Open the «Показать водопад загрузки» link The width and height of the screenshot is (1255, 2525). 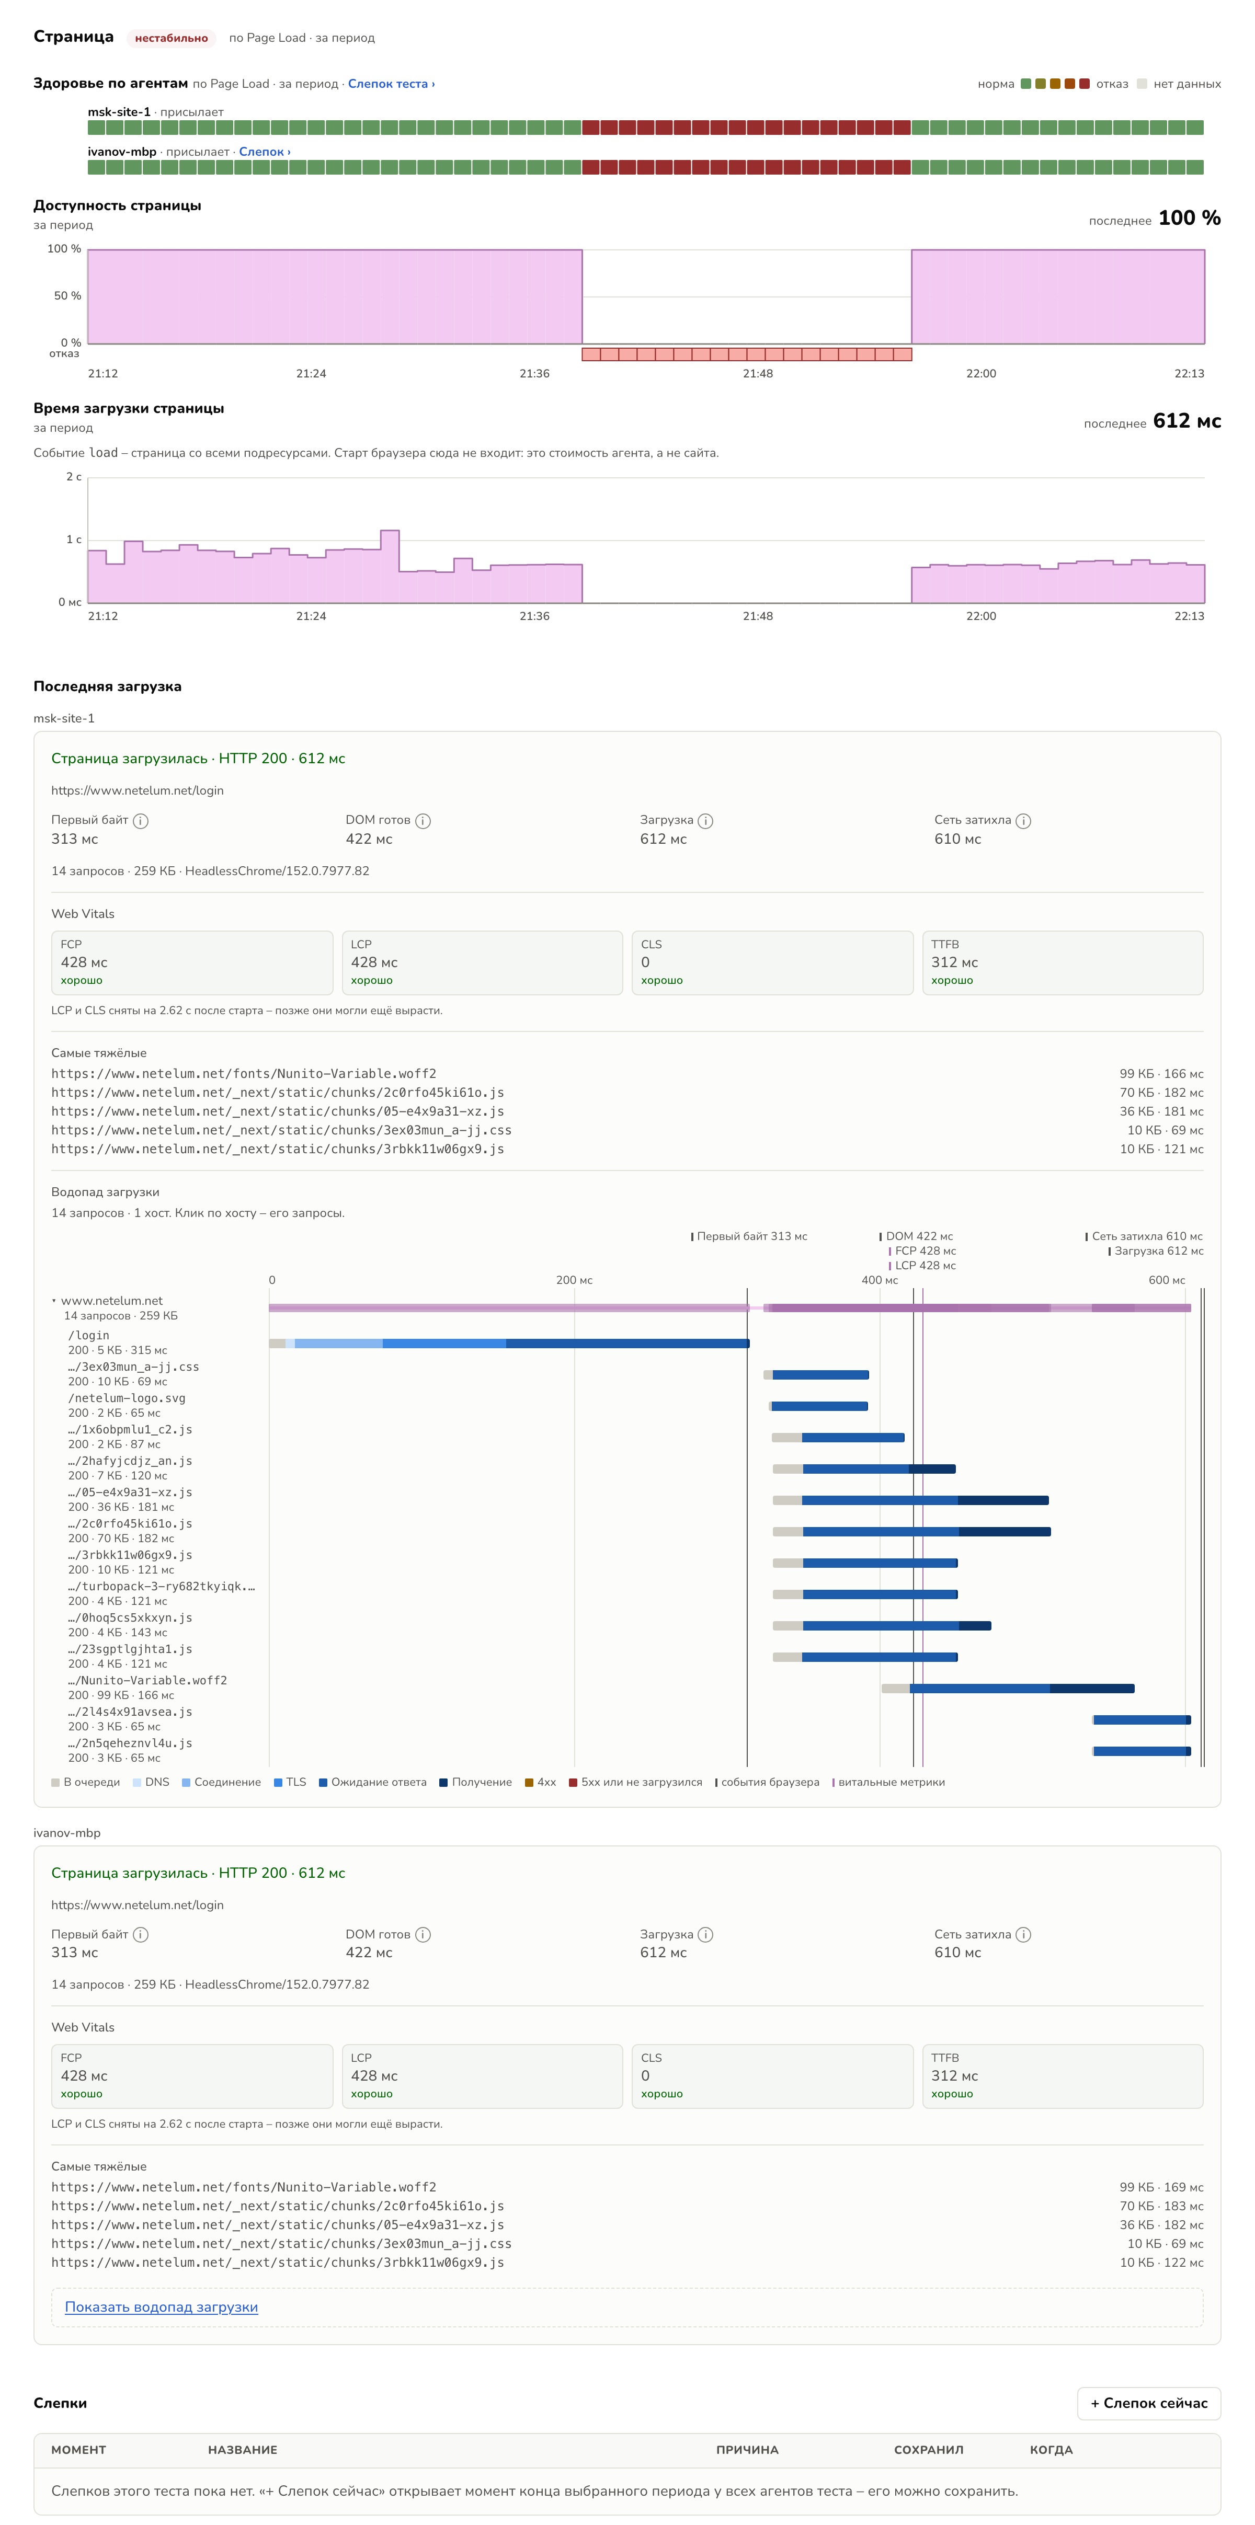pos(162,2306)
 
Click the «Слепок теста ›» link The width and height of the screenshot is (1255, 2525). pos(391,83)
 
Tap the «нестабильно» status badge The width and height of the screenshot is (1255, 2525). pos(172,38)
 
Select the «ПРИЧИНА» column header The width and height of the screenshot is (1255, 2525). pos(747,2450)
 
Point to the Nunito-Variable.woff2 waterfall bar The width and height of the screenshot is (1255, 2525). pos(1008,1688)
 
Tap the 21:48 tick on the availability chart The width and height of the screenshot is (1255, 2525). pos(758,373)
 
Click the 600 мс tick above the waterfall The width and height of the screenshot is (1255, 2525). pos(1167,1280)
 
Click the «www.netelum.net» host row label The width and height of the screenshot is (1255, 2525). pos(112,1301)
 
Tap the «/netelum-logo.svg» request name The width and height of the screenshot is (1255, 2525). pos(127,1398)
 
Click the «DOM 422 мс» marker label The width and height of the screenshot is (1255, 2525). pos(919,1236)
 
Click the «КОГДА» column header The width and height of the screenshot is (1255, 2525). pos(1051,2450)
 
